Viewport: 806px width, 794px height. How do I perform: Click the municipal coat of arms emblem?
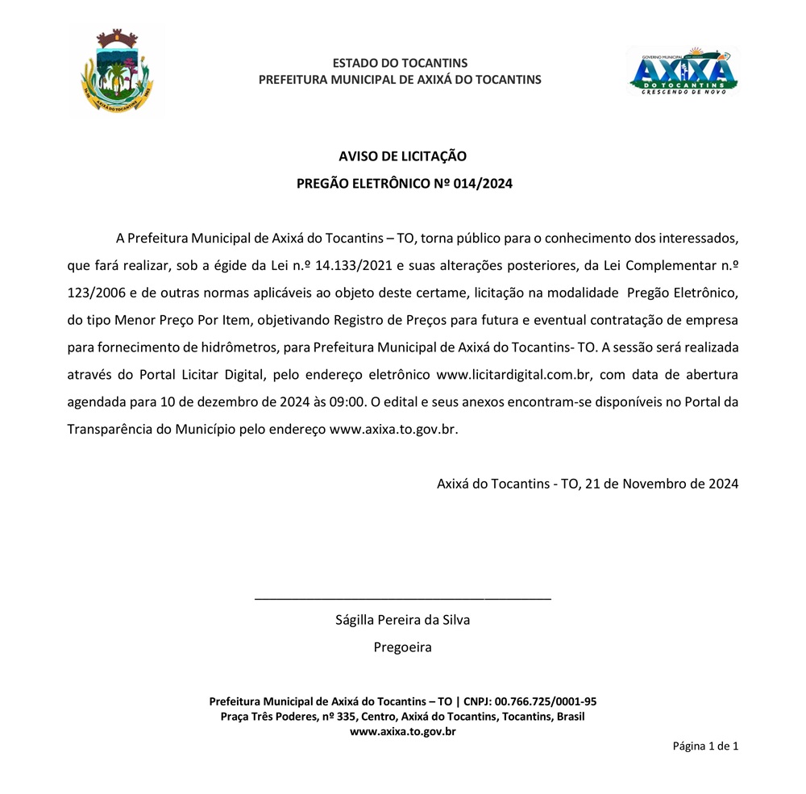coord(117,71)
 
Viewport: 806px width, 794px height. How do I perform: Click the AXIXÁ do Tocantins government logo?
coord(683,71)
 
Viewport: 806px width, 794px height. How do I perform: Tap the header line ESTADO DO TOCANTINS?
coord(400,63)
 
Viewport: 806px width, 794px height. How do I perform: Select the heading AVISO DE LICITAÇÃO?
coord(402,156)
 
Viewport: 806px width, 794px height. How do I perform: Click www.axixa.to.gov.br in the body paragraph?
coord(393,429)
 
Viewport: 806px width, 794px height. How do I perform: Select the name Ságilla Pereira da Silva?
coord(402,620)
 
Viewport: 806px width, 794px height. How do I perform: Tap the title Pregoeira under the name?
coord(402,646)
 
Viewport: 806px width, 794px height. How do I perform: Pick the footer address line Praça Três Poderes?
coord(402,717)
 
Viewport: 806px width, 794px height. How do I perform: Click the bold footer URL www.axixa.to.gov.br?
coord(402,732)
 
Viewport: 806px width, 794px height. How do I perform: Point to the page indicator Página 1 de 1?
coord(705,746)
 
